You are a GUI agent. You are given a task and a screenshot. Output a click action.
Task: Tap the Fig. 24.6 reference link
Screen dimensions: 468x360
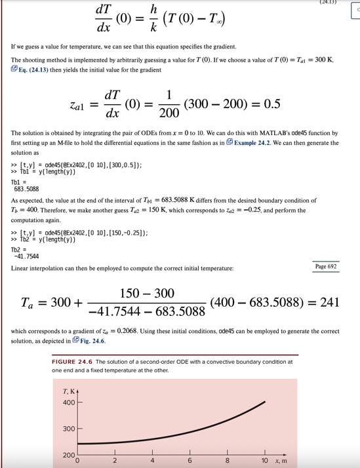pos(90,341)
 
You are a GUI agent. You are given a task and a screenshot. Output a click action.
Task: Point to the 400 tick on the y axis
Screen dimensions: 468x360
pos(68,402)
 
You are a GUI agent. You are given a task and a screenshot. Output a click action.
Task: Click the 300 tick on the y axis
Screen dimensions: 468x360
pos(68,428)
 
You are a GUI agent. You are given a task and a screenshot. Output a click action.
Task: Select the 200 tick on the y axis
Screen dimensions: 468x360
pos(68,455)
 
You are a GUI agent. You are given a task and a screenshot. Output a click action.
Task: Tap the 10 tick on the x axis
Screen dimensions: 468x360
pos(264,461)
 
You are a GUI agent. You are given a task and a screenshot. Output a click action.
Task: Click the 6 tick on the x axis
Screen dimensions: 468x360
pos(190,461)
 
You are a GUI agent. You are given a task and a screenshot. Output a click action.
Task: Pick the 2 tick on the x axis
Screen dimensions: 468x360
pos(115,461)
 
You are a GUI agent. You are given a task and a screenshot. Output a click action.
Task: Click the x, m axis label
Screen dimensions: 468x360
pos(280,461)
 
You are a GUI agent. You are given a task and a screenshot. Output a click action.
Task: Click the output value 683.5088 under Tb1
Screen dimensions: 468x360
pos(27,189)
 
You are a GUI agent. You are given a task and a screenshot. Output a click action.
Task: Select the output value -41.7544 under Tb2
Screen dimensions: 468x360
pos(27,256)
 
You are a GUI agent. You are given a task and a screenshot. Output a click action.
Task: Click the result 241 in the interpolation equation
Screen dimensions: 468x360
pos(329,302)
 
